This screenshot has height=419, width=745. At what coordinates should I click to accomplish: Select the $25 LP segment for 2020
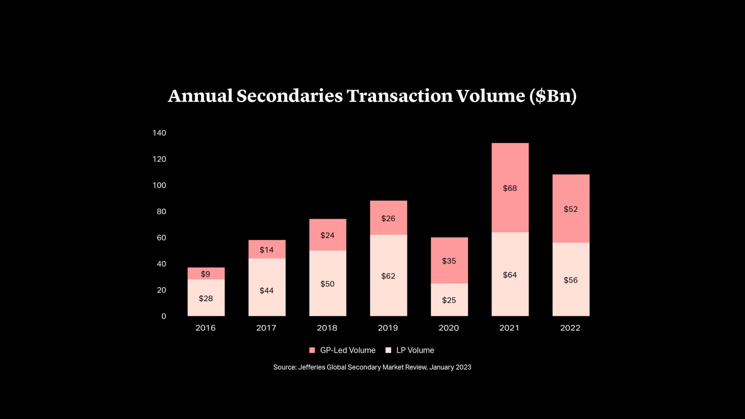449,300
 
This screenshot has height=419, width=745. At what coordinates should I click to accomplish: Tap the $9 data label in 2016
205,274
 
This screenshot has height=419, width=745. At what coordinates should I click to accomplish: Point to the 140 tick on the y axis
159,133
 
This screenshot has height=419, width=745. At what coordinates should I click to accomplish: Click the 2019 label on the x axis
388,328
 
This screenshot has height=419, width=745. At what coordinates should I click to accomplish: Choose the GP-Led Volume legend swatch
312,350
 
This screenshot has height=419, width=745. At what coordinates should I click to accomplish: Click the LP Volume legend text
415,350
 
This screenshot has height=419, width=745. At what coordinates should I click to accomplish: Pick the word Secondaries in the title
289,96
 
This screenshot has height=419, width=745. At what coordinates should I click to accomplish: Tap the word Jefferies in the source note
312,367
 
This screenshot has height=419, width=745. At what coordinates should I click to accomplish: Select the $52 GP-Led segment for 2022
570,209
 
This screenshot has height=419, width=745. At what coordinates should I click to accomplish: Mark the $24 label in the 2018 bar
327,235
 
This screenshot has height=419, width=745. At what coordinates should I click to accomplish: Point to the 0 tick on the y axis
164,317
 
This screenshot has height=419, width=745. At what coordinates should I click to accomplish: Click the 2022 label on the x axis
570,328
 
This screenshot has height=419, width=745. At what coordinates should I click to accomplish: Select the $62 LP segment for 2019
388,275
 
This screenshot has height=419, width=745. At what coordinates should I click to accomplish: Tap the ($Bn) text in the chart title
553,96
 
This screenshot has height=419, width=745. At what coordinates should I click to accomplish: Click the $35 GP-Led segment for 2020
449,260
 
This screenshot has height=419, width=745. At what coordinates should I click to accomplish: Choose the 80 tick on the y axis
161,211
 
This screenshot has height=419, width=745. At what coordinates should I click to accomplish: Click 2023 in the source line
463,367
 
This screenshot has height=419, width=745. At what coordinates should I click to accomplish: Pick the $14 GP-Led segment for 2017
267,249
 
